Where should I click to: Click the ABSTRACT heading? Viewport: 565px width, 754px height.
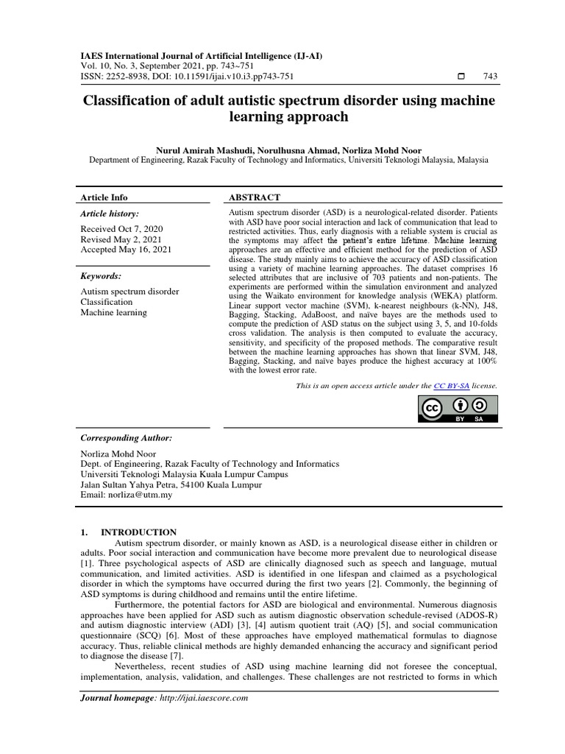pyautogui.click(x=255, y=197)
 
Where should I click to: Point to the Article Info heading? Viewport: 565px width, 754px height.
pyautogui.click(x=104, y=197)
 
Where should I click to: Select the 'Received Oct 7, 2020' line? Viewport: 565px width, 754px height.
pyautogui.click(x=121, y=229)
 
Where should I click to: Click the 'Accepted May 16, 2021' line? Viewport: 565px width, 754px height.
pyautogui.click(x=125, y=250)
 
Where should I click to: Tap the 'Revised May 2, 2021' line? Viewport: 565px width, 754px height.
pyautogui.click(x=119, y=239)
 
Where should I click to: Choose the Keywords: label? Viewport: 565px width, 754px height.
pyautogui.click(x=102, y=275)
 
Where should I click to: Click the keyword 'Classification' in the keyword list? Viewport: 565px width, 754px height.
pyautogui.click(x=107, y=302)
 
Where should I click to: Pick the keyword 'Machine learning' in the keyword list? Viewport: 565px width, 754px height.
pyautogui.click(x=113, y=312)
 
